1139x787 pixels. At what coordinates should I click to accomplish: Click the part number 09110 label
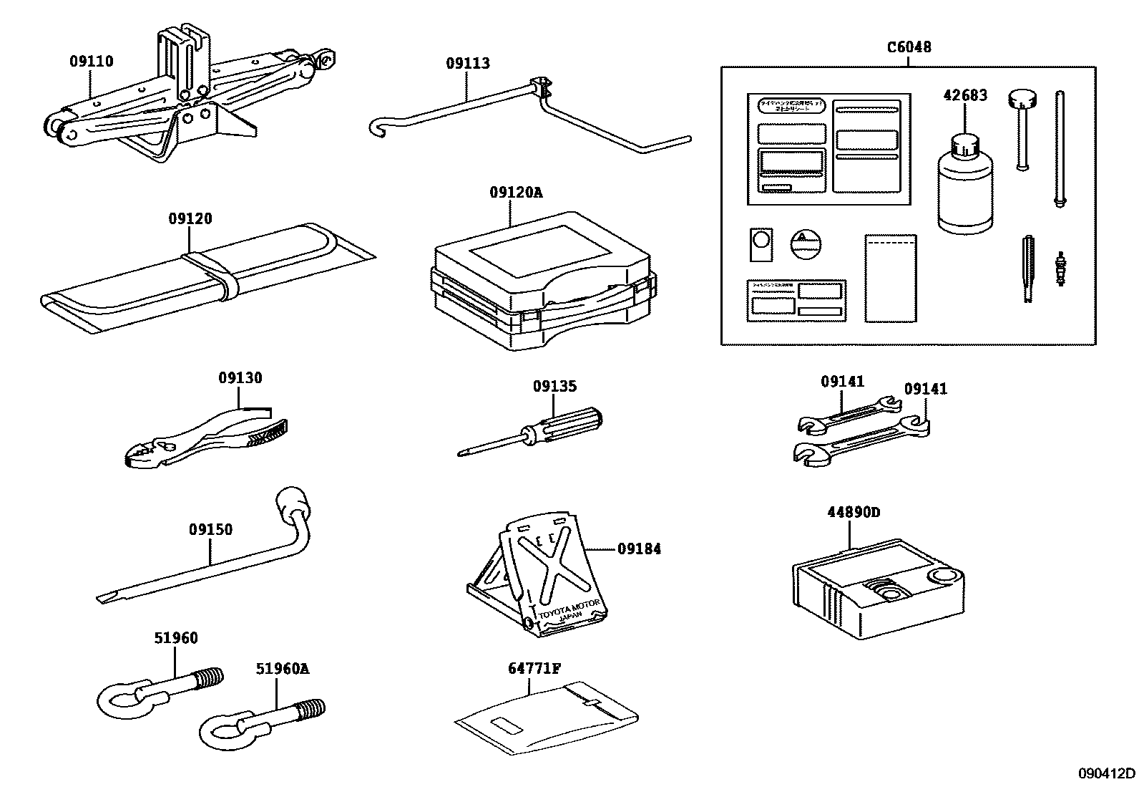(91, 62)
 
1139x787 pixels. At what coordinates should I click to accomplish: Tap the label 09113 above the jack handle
(468, 63)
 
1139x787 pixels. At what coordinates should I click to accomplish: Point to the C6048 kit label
(909, 47)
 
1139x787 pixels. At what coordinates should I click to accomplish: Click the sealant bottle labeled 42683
(965, 186)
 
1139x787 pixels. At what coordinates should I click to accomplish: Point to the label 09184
(639, 549)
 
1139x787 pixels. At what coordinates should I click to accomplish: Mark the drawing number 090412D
(1107, 773)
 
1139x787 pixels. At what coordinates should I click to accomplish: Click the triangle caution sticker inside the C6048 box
(804, 243)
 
